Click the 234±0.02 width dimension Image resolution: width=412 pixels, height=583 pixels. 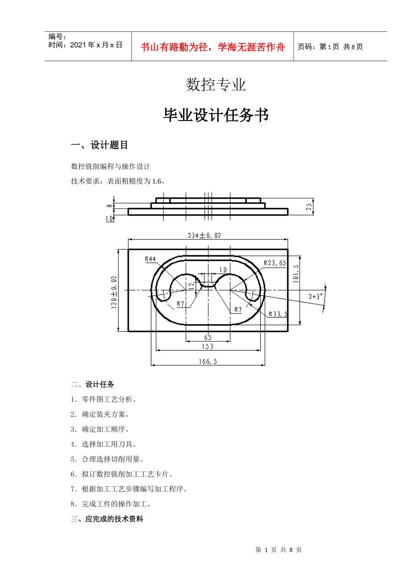click(x=204, y=236)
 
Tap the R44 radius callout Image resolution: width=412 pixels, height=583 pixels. click(x=150, y=259)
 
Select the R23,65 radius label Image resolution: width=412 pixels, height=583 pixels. click(x=275, y=263)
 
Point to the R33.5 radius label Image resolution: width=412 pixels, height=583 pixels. click(x=278, y=314)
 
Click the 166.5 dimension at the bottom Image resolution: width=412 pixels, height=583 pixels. click(x=208, y=361)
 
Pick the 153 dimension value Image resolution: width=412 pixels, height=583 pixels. click(x=208, y=347)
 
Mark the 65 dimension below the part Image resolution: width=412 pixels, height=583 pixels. click(x=208, y=337)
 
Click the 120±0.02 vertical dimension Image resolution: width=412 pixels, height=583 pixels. click(x=114, y=291)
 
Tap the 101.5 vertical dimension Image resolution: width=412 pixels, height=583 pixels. click(x=296, y=274)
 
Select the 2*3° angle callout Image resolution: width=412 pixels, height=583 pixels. click(x=316, y=297)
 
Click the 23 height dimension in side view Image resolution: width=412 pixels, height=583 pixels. click(x=309, y=206)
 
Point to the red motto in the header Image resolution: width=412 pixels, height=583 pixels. click(x=213, y=47)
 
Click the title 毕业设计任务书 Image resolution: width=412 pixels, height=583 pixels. click(x=216, y=115)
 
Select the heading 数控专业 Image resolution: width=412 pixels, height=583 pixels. click(x=216, y=85)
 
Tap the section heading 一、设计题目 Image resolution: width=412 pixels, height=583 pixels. click(x=99, y=145)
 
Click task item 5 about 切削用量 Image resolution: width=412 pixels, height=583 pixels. click(x=107, y=459)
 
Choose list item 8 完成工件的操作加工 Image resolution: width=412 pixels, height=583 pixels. click(x=111, y=504)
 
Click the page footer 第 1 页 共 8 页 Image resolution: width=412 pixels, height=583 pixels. click(x=278, y=550)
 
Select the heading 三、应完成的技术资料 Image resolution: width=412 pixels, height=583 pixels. click(x=107, y=519)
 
